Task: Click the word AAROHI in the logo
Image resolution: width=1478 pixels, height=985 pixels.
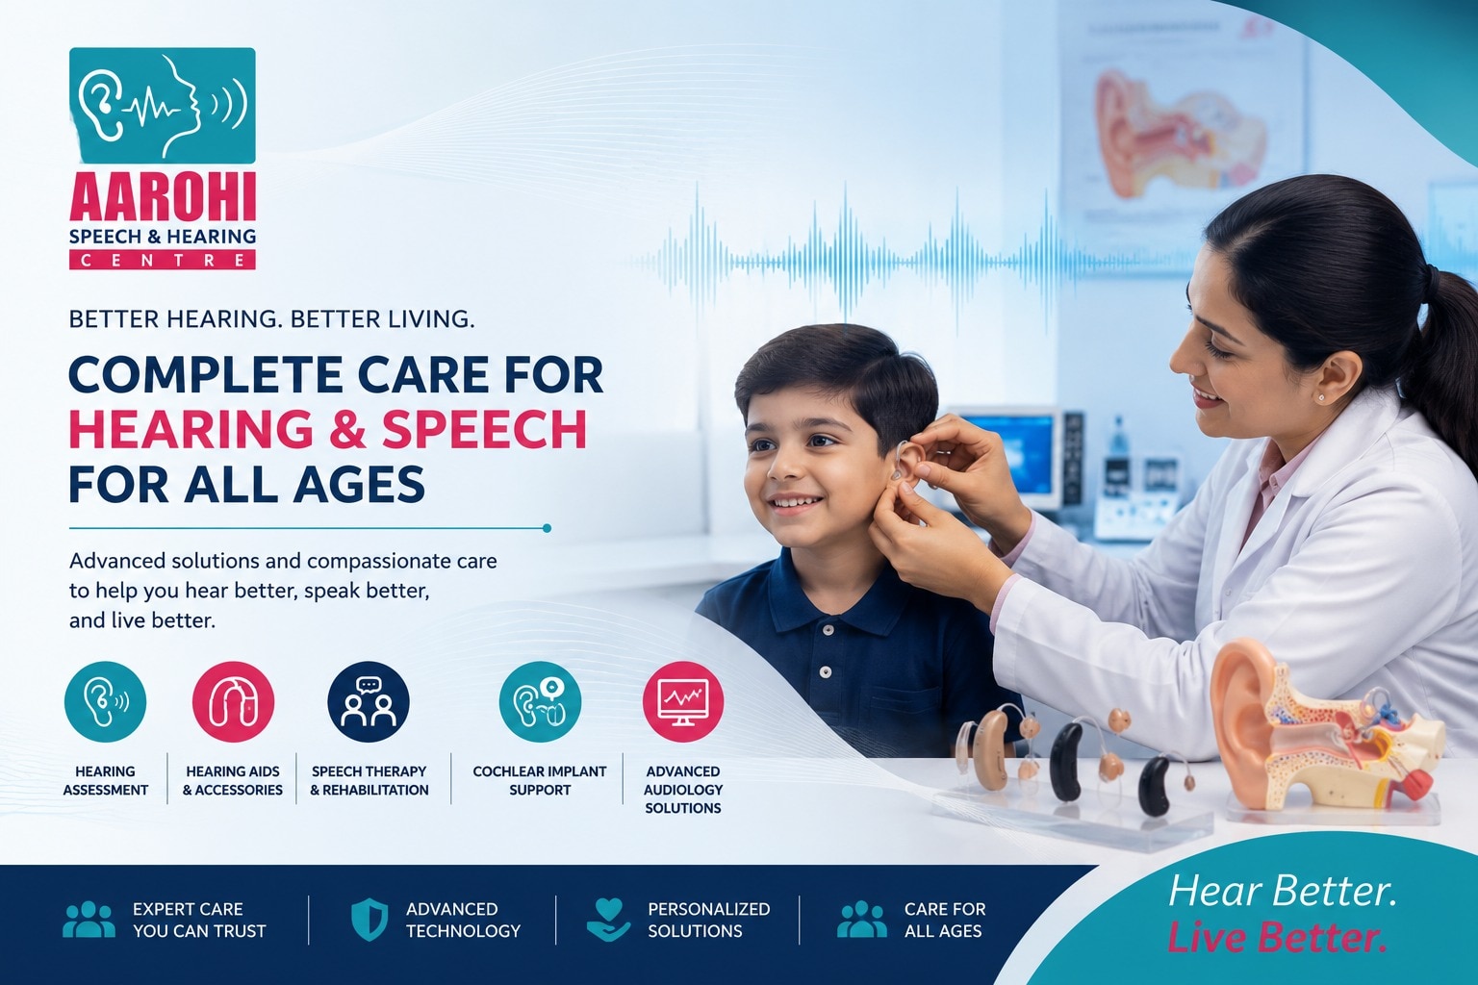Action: pos(163,196)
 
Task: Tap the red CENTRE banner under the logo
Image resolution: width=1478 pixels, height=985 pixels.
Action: pos(163,260)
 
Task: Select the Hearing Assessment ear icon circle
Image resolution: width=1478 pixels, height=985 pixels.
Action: pos(105,702)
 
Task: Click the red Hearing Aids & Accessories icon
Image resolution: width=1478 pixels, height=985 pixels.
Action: pos(233,702)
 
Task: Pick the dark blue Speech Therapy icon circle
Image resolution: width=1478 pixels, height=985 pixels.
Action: pos(369,702)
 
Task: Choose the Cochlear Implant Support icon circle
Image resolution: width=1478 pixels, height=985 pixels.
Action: pos(540,702)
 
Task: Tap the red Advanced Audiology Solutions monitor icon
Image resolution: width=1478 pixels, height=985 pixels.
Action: pos(683,702)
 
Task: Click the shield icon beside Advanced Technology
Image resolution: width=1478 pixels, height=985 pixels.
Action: pos(369,919)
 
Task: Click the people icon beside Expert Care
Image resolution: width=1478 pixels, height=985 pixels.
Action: pos(89,919)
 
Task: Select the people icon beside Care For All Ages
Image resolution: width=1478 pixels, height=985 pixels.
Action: pos(862,919)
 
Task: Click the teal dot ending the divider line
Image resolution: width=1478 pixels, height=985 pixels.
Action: pos(547,528)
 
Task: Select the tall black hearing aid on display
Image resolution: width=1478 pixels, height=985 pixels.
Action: pos(1065,761)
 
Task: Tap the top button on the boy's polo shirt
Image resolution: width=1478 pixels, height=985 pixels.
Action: pos(827,631)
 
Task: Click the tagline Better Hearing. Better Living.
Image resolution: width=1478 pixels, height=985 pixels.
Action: pos(272,319)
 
